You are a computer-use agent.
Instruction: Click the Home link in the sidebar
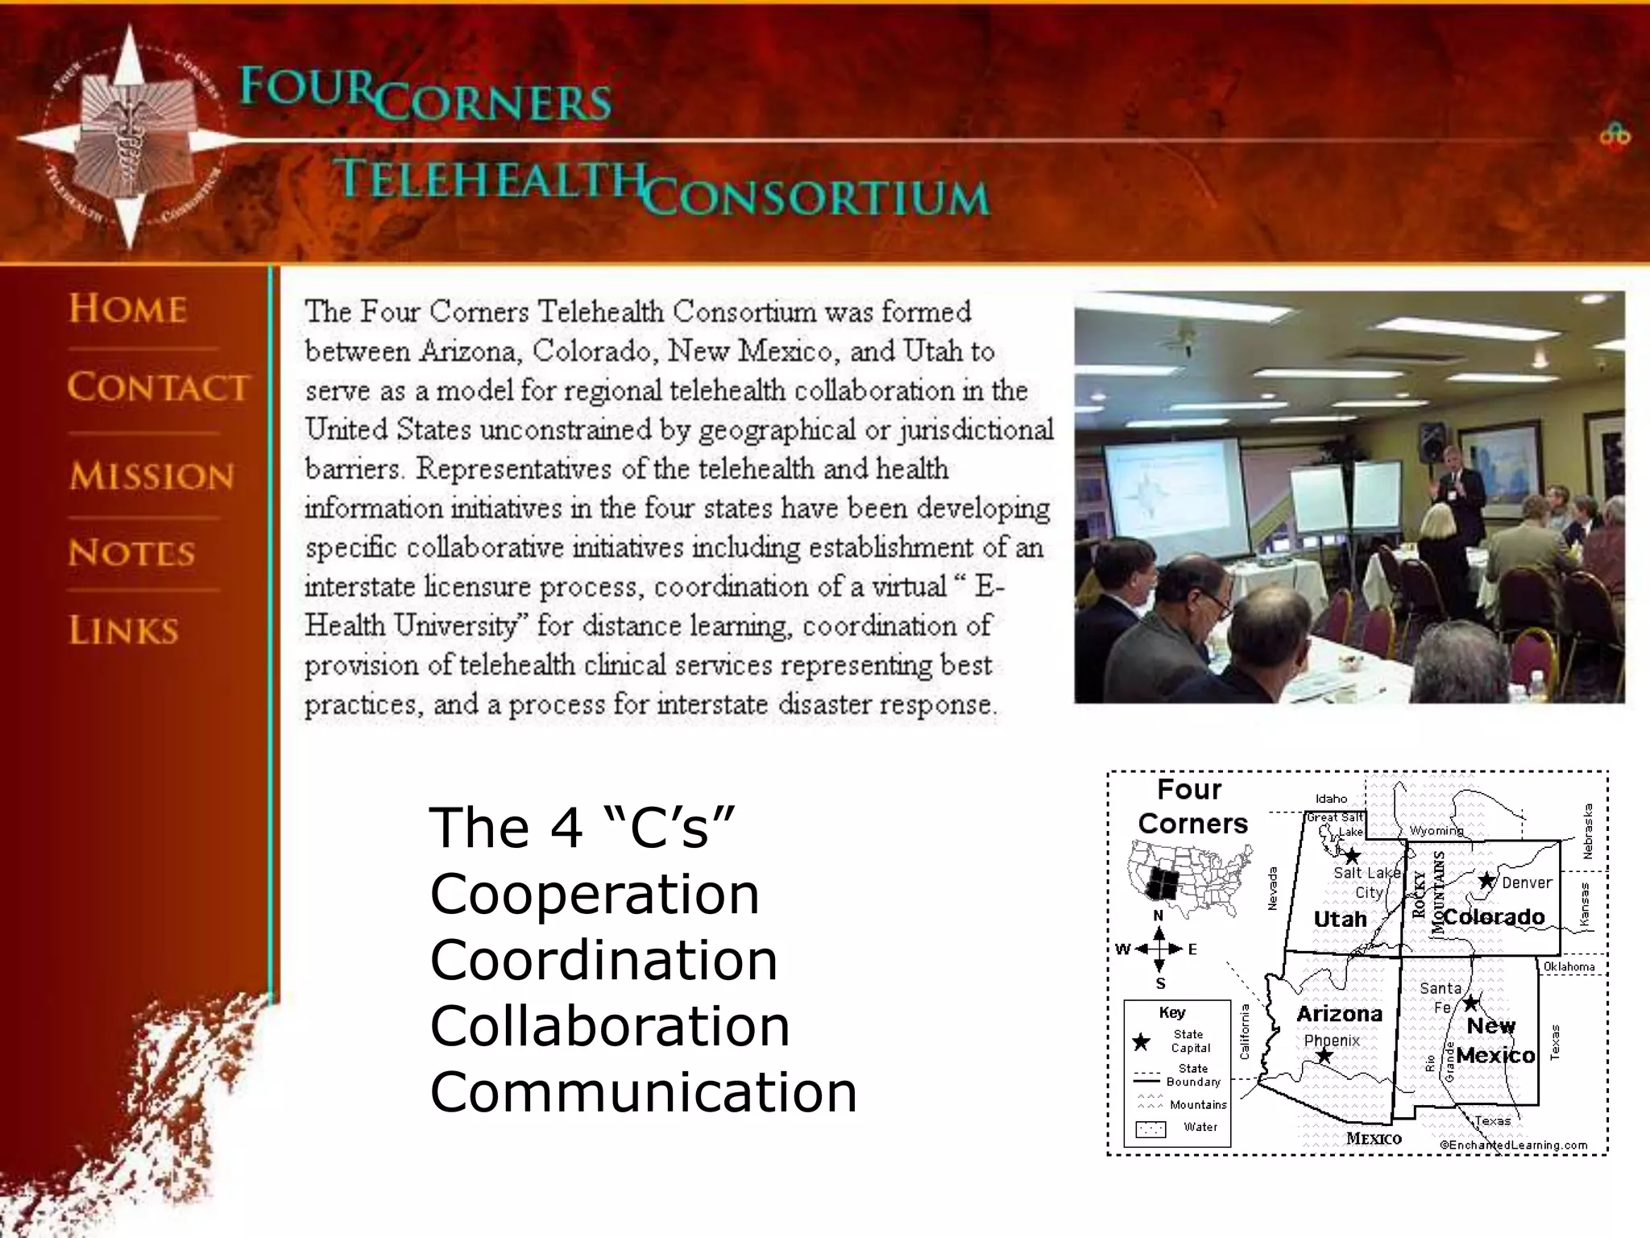pyautogui.click(x=128, y=309)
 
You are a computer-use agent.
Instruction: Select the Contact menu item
pyautogui.click(x=158, y=388)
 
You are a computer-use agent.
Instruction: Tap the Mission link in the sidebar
pyautogui.click(x=151, y=476)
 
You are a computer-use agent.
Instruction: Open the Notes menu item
pyautogui.click(x=131, y=553)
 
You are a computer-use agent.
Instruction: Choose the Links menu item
pyautogui.click(x=123, y=630)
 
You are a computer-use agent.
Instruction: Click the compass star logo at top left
pyautogui.click(x=129, y=137)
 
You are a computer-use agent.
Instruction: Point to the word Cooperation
pyautogui.click(x=595, y=894)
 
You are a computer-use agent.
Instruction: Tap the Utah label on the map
pyautogui.click(x=1340, y=919)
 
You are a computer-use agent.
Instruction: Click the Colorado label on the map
pyautogui.click(x=1495, y=917)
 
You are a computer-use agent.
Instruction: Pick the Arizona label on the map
pyautogui.click(x=1339, y=1014)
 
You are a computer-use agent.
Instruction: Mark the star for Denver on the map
pyautogui.click(x=1486, y=881)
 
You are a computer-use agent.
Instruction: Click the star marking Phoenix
pyautogui.click(x=1323, y=1056)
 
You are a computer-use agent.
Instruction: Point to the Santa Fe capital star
pyautogui.click(x=1471, y=1003)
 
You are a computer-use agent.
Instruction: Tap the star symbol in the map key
pyautogui.click(x=1142, y=1042)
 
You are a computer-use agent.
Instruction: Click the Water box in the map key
pyautogui.click(x=1150, y=1129)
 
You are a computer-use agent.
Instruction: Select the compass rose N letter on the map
pyautogui.click(x=1159, y=916)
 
